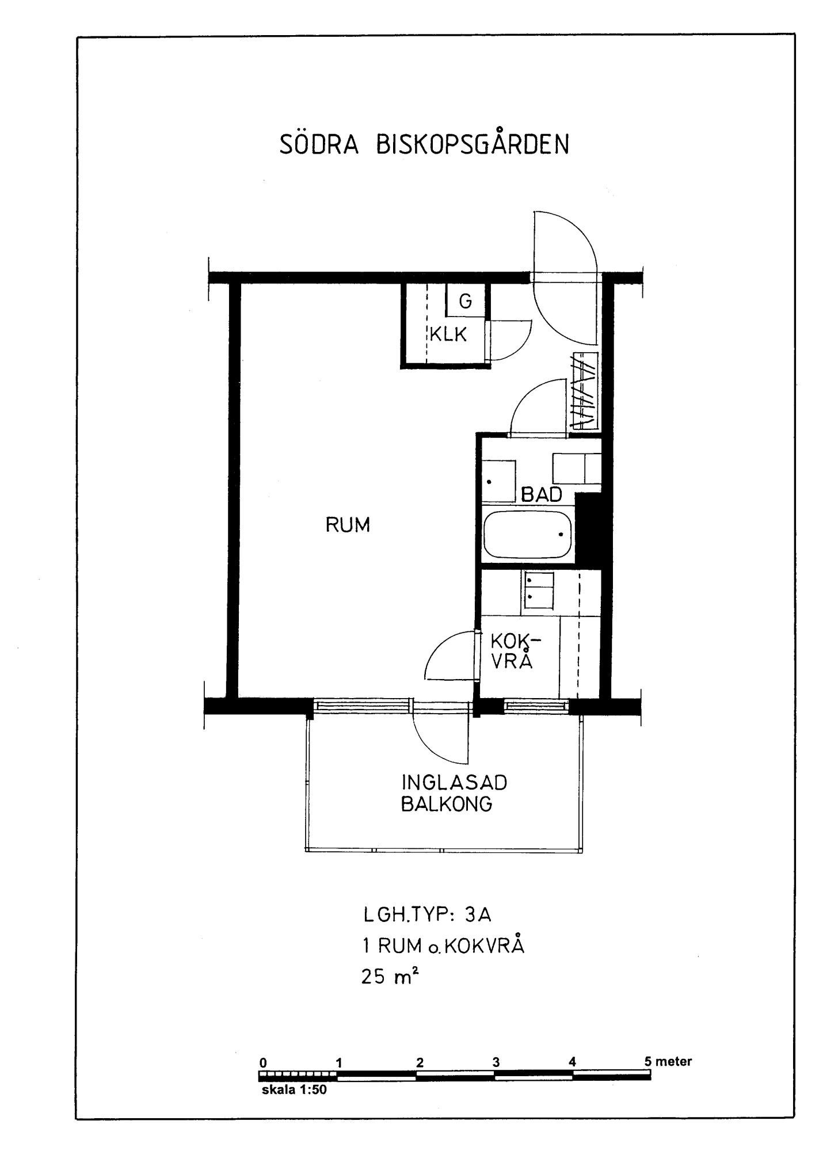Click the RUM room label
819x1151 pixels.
click(x=348, y=525)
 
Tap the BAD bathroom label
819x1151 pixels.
click(x=542, y=494)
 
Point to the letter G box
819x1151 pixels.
click(x=466, y=300)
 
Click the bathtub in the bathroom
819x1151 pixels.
click(x=528, y=535)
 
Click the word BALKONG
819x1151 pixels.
click(x=447, y=804)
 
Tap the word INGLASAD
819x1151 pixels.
click(x=455, y=783)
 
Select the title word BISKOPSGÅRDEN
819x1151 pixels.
click(x=473, y=144)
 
